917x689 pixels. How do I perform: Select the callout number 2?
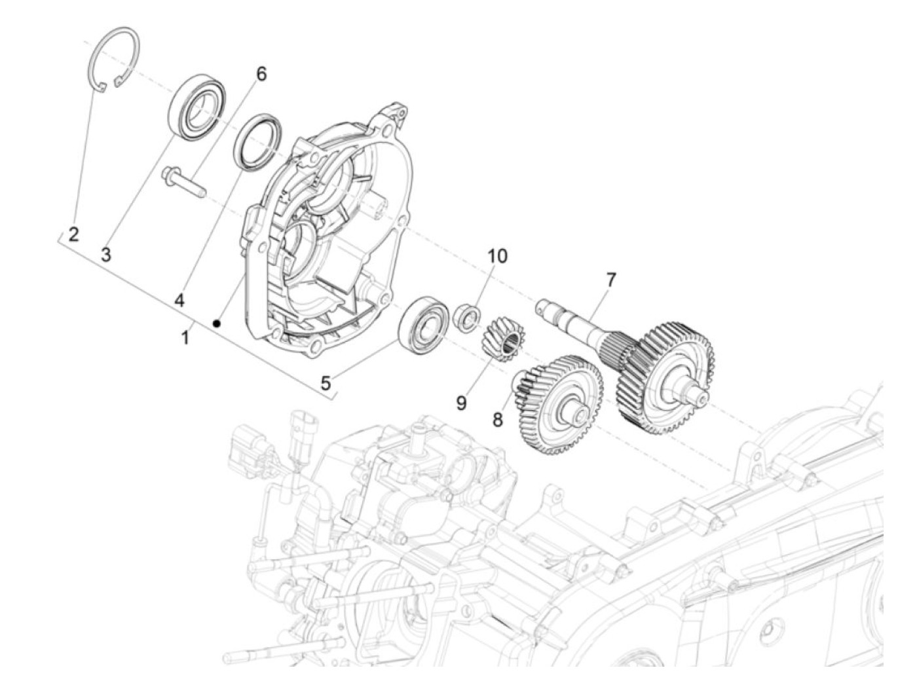pyautogui.click(x=73, y=234)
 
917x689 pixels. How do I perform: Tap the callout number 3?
pyautogui.click(x=106, y=254)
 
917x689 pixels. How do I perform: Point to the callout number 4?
pyautogui.click(x=179, y=300)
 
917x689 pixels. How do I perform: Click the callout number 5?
pyautogui.click(x=326, y=382)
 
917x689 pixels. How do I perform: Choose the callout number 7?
pyautogui.click(x=610, y=280)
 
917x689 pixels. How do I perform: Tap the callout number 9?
pyautogui.click(x=461, y=403)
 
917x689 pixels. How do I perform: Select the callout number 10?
pyautogui.click(x=496, y=256)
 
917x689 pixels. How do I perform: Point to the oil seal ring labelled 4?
pyautogui.click(x=259, y=142)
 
